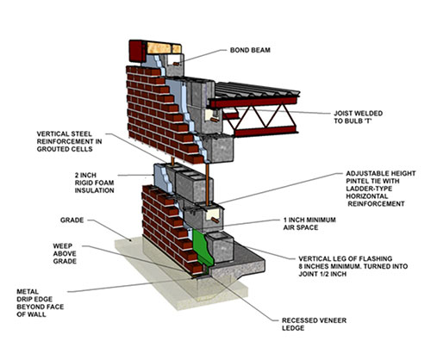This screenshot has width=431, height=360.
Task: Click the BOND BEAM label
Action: point(250,50)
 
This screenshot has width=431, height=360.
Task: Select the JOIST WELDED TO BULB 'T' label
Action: point(358,117)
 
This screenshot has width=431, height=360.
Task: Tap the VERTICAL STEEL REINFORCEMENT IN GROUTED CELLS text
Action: point(69,141)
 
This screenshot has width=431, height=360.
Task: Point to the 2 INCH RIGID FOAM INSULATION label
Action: point(94,183)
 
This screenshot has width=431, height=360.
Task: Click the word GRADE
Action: point(72,220)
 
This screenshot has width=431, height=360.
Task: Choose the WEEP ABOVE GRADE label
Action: point(65,254)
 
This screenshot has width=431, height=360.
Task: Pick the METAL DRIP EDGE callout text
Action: point(41,303)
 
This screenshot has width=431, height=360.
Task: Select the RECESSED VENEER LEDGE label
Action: point(314,324)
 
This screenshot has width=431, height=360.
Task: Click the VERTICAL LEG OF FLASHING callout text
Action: point(353,266)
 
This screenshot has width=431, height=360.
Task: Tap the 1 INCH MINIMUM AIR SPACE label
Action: point(309,224)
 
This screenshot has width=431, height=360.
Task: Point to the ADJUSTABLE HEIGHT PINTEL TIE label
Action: point(381,189)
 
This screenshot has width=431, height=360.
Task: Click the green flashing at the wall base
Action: point(203,249)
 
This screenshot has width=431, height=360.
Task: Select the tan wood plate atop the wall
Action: point(164,48)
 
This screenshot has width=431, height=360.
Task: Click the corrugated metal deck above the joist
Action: point(257,90)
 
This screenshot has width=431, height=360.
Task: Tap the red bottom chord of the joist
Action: point(265,131)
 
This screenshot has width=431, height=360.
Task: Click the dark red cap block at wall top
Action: point(138,51)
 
